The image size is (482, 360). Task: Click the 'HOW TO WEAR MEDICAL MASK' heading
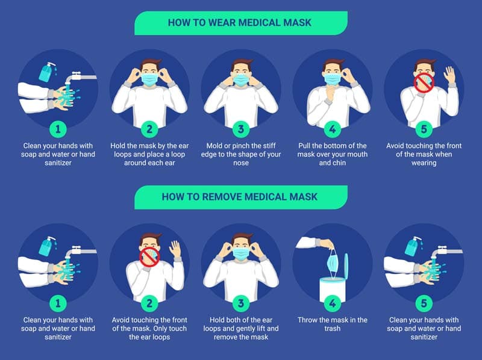(x=241, y=23)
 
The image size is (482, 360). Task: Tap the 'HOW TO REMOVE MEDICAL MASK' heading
(x=241, y=197)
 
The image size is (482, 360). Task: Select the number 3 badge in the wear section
(x=240, y=129)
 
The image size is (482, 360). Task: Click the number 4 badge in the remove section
(x=332, y=302)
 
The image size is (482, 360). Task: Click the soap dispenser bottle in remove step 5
(x=413, y=247)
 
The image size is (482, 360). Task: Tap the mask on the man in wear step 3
(x=240, y=80)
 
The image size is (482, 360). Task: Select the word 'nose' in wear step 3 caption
(x=240, y=163)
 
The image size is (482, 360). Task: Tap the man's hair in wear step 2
(x=149, y=63)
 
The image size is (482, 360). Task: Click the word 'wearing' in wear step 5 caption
(x=424, y=163)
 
